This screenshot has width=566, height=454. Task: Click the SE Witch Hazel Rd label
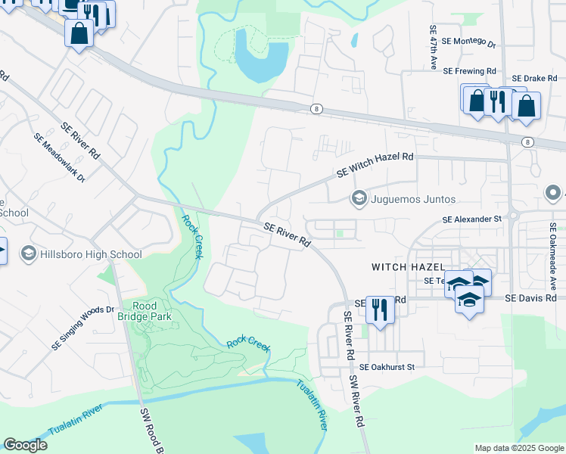375,166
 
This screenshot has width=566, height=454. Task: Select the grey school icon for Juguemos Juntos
359,199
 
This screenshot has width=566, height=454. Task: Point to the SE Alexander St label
472,219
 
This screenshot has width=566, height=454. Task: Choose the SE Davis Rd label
531,299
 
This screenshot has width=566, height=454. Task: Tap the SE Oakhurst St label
387,367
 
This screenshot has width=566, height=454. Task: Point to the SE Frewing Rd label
469,70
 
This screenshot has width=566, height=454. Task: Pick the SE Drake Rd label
534,79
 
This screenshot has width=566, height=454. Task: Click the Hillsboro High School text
92,254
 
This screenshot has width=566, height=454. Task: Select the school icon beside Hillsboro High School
29,253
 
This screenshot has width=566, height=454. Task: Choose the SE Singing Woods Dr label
82,328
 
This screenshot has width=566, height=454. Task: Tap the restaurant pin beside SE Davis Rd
380,309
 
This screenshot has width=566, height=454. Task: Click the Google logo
25,445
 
